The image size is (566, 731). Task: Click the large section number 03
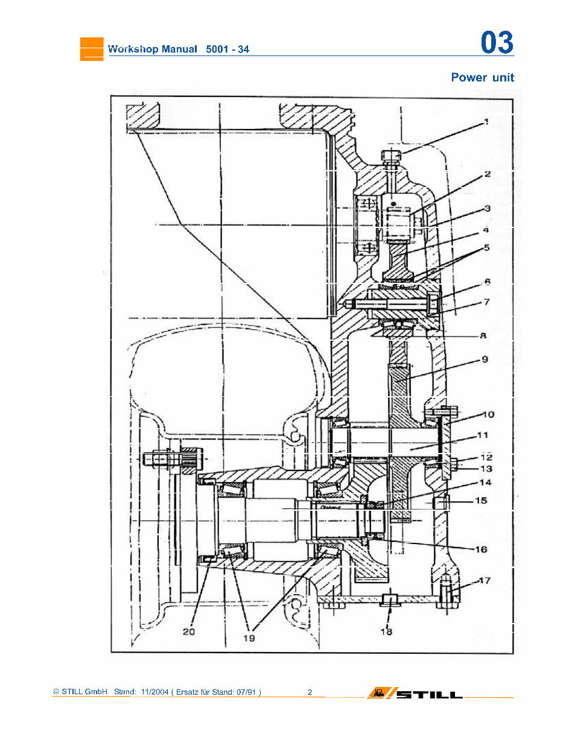(x=497, y=43)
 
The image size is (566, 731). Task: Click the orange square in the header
(x=92, y=49)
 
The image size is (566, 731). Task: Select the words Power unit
(x=482, y=77)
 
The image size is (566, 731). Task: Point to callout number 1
(x=486, y=121)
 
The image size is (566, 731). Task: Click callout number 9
(x=485, y=359)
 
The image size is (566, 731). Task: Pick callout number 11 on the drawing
(x=483, y=435)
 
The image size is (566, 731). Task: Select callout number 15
(x=481, y=501)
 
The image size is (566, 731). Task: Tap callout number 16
(x=481, y=549)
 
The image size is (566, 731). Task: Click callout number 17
(x=484, y=581)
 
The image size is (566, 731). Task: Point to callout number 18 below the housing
(x=386, y=631)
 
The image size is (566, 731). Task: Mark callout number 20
(x=189, y=631)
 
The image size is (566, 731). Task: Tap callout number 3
(x=486, y=208)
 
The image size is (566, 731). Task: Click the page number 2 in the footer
(x=310, y=692)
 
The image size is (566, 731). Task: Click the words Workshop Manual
(x=152, y=49)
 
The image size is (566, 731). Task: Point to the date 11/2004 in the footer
(x=153, y=692)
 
